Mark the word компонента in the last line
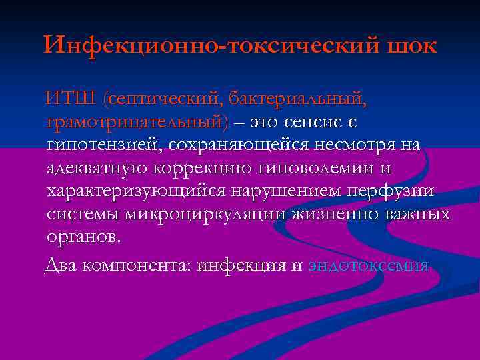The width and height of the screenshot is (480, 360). (x=141, y=265)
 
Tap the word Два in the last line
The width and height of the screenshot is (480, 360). (x=61, y=265)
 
